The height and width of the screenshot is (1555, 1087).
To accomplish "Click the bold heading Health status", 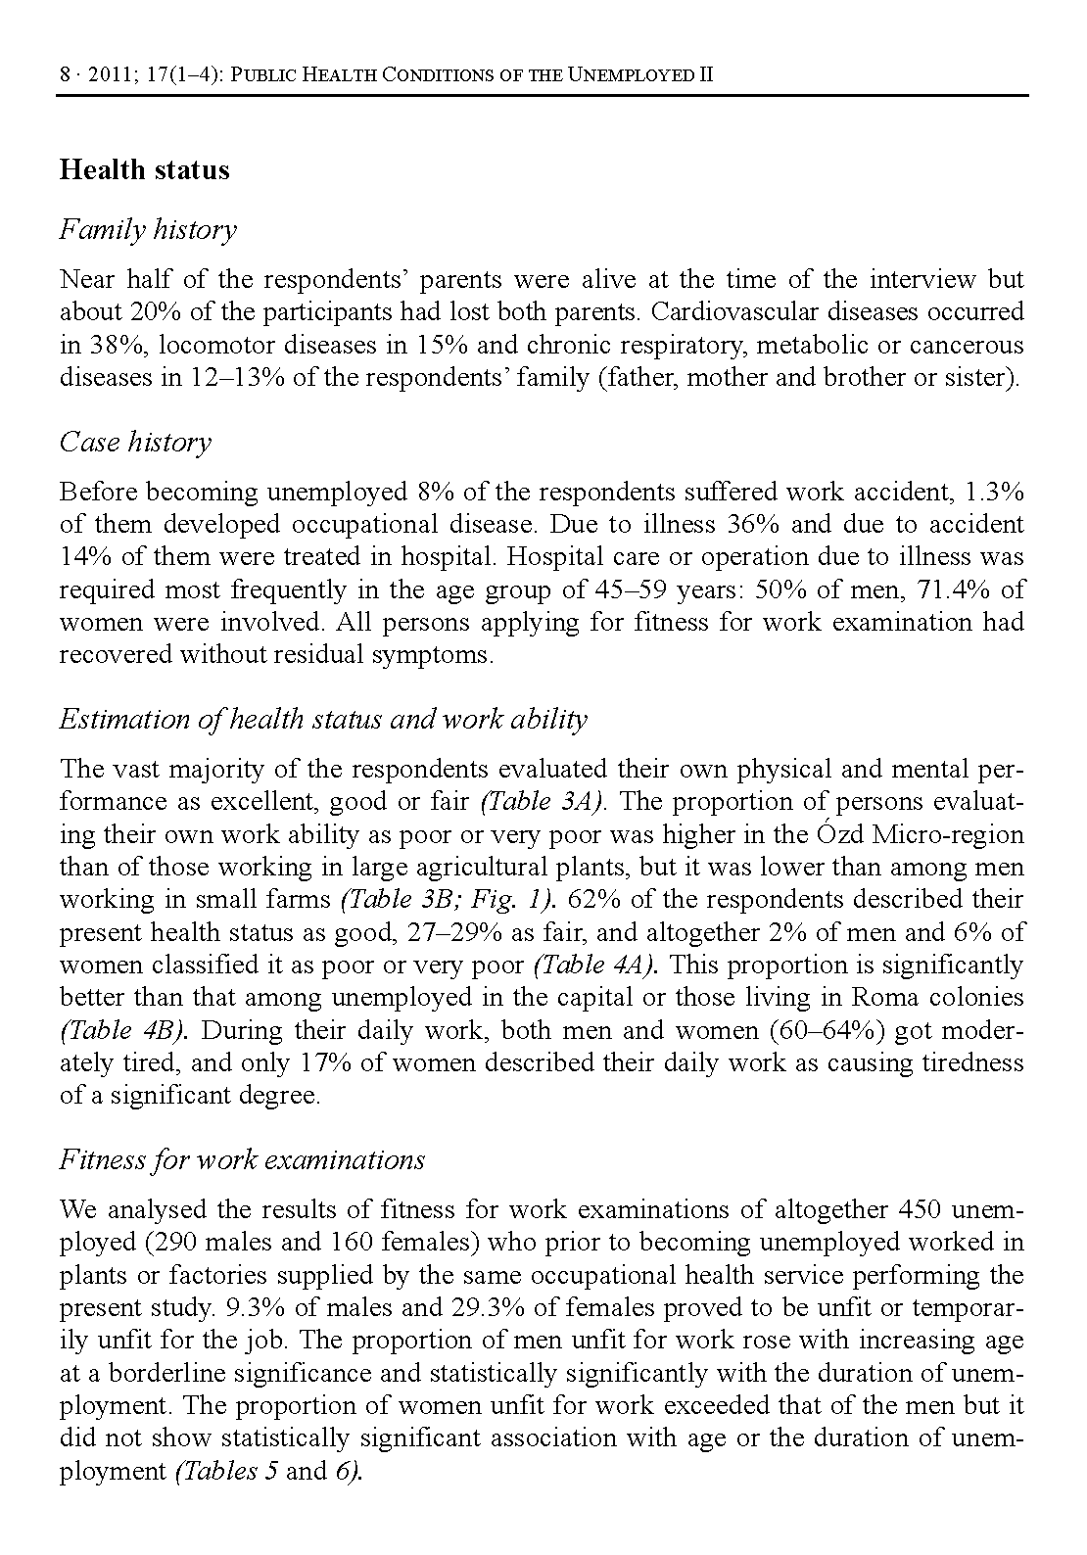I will pos(144,169).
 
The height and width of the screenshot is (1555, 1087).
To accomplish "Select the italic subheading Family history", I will pos(148,230).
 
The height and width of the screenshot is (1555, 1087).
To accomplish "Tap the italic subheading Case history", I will pos(135,443).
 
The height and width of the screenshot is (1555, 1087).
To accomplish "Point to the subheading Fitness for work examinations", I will pos(242,1160).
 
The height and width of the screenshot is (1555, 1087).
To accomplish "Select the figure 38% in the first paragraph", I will pos(115,346).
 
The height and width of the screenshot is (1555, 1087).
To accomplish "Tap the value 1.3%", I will pos(995,492).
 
